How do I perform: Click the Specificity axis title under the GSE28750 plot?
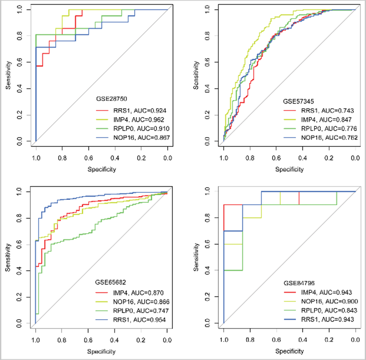point(102,169)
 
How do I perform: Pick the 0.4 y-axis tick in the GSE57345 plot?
point(207,88)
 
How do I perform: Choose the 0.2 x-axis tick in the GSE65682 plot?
point(141,340)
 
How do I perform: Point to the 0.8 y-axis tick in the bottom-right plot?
point(207,218)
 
